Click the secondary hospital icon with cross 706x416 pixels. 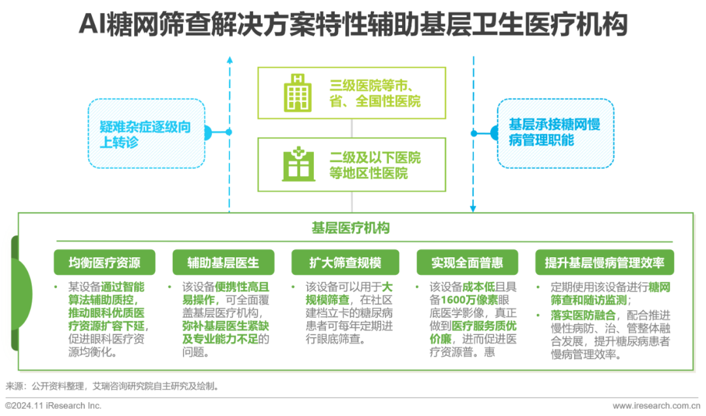tap(298, 165)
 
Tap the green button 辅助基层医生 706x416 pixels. tap(223, 263)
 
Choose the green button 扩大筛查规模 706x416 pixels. tap(345, 263)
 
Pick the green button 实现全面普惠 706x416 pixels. tap(467, 263)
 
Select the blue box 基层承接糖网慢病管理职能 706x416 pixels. tap(555, 133)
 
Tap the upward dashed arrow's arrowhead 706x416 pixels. tap(229, 61)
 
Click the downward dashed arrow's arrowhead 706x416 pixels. tap(473, 208)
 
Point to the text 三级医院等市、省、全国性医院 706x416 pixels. tap(375, 93)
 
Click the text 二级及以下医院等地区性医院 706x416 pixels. tap(375, 166)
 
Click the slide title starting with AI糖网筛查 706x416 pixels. tap(353, 25)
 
